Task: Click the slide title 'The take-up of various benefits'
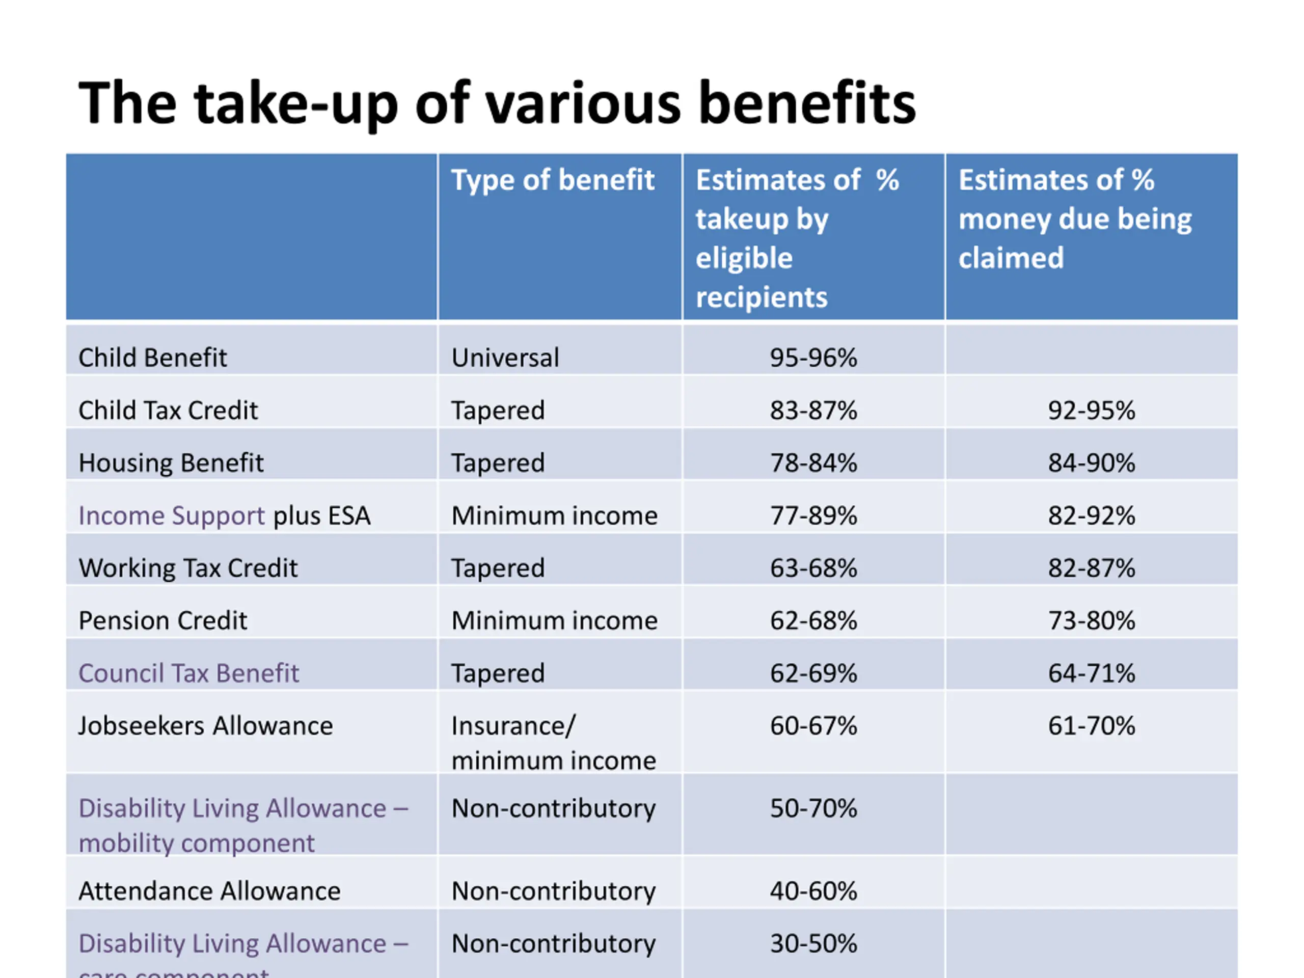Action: point(497,103)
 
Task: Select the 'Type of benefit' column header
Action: point(552,180)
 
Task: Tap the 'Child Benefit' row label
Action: point(153,358)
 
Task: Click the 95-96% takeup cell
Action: point(813,358)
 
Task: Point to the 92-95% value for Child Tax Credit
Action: point(1091,410)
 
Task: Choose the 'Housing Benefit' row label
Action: point(171,463)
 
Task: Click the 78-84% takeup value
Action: point(813,463)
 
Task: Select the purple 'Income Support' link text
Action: point(172,516)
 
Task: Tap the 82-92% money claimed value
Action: point(1091,516)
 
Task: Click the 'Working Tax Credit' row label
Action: point(188,568)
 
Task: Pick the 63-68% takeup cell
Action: point(813,568)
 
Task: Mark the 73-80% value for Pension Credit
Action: point(1091,621)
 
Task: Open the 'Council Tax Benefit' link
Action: point(188,673)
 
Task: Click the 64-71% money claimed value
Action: point(1091,673)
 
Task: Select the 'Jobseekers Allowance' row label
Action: point(206,726)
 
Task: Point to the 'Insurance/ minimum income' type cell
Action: point(553,743)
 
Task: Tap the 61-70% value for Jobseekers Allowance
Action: point(1091,726)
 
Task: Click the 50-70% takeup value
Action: point(813,808)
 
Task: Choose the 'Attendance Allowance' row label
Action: point(209,891)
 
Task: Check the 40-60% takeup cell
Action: point(813,891)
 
